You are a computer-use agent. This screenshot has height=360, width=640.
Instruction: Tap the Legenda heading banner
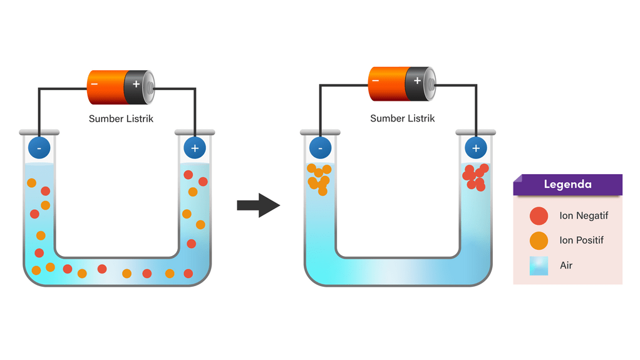(567, 185)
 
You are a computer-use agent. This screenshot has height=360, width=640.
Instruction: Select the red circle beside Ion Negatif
(539, 216)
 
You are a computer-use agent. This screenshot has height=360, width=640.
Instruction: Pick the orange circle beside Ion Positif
(539, 240)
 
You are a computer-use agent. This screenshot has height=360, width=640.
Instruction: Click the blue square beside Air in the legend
(539, 265)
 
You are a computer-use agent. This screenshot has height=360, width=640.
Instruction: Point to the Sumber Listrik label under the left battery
(121, 118)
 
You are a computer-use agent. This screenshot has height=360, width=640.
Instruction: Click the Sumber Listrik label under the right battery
(402, 118)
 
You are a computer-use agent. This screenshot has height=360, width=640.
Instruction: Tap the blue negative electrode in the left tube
(39, 148)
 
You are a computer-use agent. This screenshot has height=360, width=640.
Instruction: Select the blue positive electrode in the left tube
(195, 148)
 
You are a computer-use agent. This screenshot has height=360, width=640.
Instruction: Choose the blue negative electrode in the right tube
(321, 148)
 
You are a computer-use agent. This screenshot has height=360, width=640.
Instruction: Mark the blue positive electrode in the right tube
(476, 148)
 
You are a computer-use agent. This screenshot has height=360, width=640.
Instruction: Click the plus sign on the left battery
(136, 83)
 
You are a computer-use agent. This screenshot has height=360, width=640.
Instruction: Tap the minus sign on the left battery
(95, 83)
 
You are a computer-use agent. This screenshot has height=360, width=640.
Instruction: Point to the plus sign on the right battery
(417, 80)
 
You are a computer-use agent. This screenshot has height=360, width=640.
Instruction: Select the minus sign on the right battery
(376, 80)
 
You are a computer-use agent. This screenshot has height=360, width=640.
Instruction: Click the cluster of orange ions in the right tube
(319, 178)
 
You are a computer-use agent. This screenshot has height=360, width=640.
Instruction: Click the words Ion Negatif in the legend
(584, 216)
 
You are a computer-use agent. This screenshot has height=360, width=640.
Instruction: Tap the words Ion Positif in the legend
(582, 240)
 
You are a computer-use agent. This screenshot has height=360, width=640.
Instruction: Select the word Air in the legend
(566, 265)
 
